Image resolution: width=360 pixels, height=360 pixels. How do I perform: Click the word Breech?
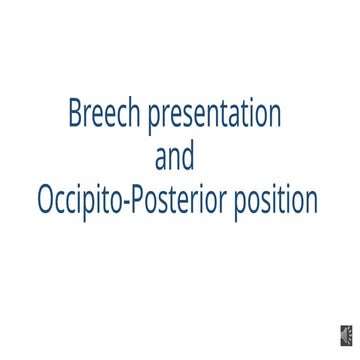click(105, 114)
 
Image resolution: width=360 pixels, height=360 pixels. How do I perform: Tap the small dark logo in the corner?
click(345, 335)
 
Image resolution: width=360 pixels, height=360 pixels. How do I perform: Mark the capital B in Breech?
click(75, 114)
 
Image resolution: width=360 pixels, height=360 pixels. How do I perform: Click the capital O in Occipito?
click(45, 200)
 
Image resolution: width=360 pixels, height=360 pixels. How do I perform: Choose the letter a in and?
click(161, 159)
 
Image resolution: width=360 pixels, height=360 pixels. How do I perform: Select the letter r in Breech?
click(87, 116)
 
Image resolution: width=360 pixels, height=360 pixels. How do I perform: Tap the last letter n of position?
click(311, 202)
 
